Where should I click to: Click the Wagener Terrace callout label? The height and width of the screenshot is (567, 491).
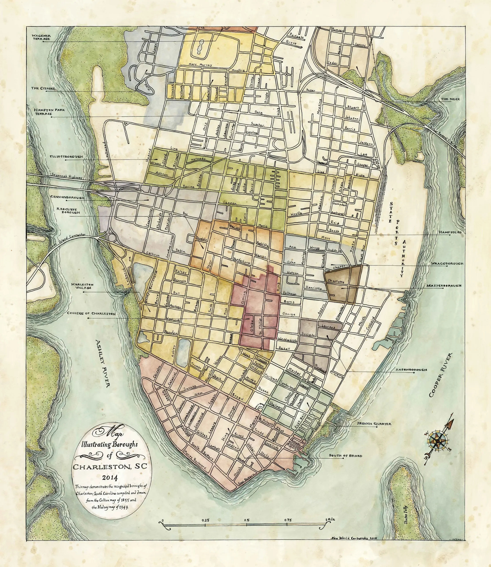[41, 37]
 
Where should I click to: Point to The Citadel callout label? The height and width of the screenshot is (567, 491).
[43, 88]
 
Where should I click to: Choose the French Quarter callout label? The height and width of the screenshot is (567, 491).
[374, 424]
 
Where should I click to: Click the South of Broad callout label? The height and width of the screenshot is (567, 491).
[345, 456]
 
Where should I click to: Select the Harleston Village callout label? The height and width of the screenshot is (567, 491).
[82, 286]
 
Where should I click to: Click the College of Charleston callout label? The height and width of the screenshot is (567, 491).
[91, 313]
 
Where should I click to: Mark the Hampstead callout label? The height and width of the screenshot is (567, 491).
[450, 232]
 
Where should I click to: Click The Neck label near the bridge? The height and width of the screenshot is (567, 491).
[450, 99]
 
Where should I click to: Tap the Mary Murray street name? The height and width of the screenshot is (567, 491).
[200, 65]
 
